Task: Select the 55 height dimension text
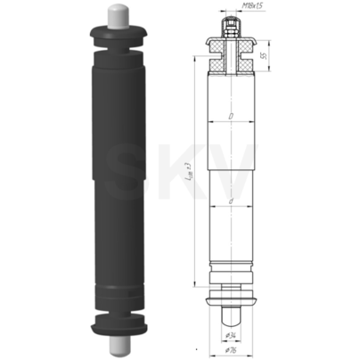pyautogui.click(x=263, y=55)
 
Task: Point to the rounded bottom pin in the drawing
pyautogui.click(x=230, y=314)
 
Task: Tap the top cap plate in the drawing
pyautogui.click(x=230, y=38)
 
